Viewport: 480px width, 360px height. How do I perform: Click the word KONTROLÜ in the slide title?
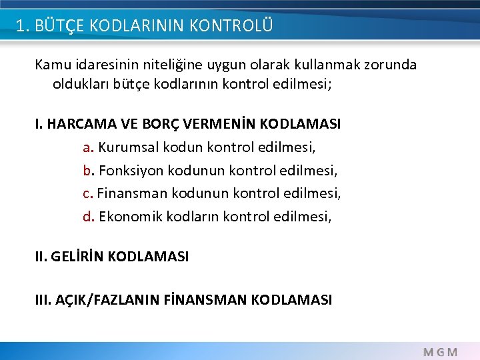(x=231, y=26)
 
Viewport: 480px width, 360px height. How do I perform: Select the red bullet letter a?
(x=87, y=147)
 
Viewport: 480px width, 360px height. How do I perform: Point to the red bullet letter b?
(x=87, y=170)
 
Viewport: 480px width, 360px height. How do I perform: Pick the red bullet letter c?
(x=87, y=193)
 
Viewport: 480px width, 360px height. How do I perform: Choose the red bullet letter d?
(x=87, y=216)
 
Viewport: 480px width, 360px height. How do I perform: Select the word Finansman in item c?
(x=132, y=193)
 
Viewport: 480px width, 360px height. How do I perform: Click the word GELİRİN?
(x=77, y=256)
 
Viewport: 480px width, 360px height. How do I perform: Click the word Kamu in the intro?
(x=51, y=65)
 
